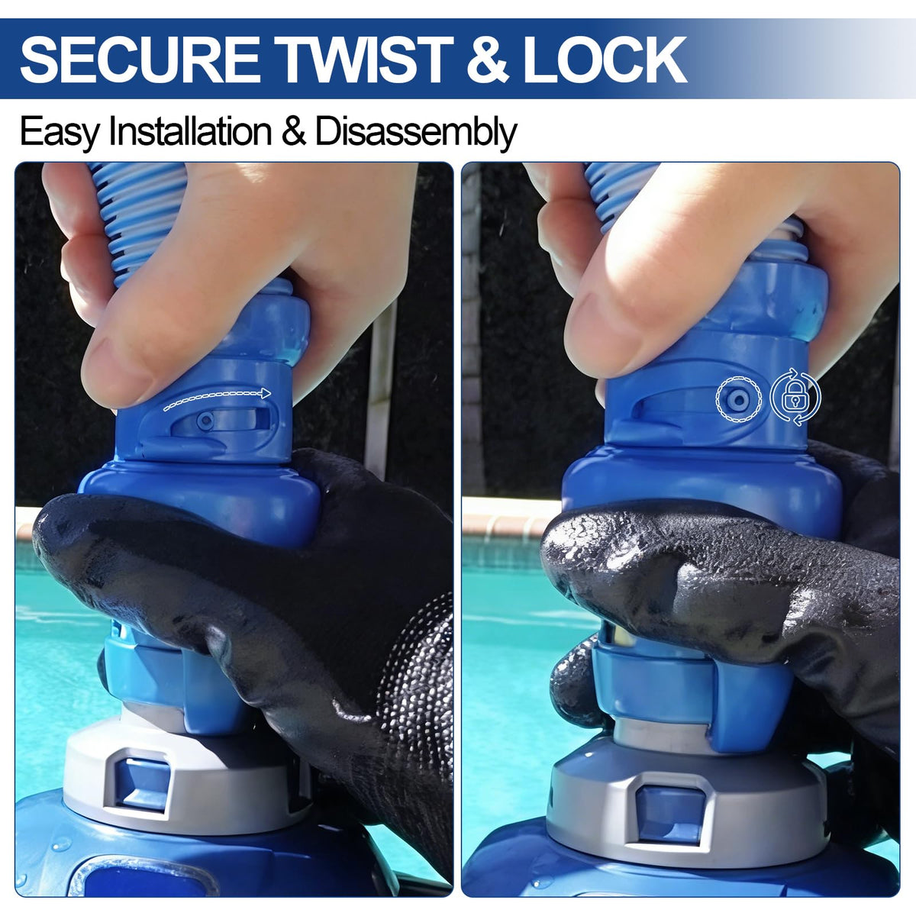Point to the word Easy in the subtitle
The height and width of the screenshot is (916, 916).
(x=60, y=133)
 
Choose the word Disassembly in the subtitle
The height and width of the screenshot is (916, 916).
(x=415, y=133)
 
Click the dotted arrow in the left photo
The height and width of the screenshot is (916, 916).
(x=217, y=398)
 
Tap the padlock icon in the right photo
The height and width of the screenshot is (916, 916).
(x=795, y=397)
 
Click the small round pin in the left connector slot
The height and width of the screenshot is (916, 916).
(x=205, y=421)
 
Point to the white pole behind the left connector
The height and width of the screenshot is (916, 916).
(x=383, y=385)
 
